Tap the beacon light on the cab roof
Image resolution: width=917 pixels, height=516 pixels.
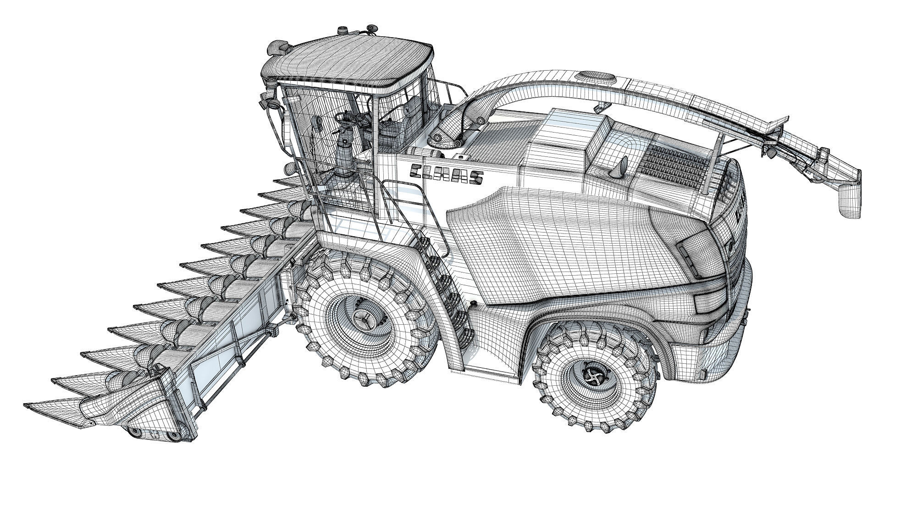[342, 30]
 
